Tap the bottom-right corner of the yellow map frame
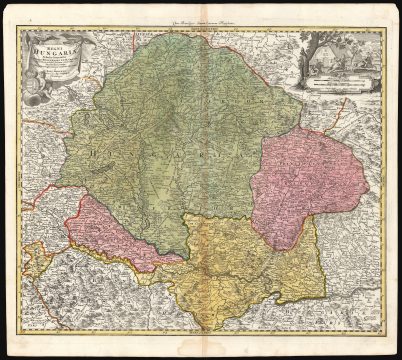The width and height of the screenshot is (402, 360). pyautogui.click(x=385, y=336)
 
